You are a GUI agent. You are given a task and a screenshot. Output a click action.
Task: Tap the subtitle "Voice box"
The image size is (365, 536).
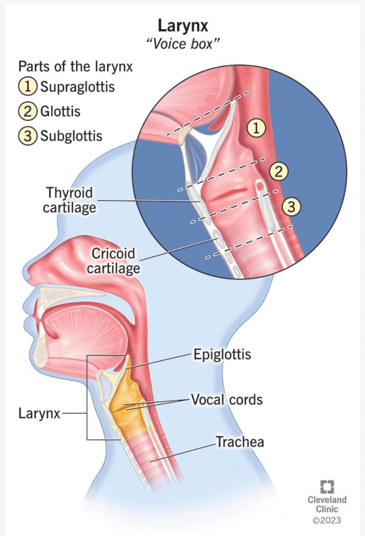182,44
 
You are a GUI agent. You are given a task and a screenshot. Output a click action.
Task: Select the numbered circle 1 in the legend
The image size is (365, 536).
28,86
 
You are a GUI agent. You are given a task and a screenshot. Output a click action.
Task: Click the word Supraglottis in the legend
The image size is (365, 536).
78,87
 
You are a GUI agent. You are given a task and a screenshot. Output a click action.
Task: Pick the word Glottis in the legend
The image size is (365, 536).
60,111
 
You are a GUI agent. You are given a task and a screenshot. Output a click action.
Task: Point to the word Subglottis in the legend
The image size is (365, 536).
71,136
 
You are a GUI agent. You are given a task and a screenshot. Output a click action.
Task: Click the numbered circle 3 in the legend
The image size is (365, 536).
28,136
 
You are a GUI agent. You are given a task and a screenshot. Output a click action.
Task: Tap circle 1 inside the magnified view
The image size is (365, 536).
256,129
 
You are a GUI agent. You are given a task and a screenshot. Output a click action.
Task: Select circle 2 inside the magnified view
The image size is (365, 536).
279,172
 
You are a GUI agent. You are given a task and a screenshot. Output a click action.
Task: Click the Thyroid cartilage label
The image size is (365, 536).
69,200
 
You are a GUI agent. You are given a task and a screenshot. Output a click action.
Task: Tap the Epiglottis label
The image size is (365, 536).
222,354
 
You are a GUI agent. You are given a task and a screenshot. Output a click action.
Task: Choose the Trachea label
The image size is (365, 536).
240,441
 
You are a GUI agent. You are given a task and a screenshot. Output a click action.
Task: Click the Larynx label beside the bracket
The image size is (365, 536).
39,414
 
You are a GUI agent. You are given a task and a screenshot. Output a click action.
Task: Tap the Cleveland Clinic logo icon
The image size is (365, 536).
327,487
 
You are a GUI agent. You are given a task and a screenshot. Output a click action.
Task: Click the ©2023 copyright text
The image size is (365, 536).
327,520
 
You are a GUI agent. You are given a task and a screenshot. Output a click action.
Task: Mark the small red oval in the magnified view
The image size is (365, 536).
260,185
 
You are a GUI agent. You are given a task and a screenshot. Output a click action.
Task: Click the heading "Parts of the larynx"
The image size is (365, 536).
75,66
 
